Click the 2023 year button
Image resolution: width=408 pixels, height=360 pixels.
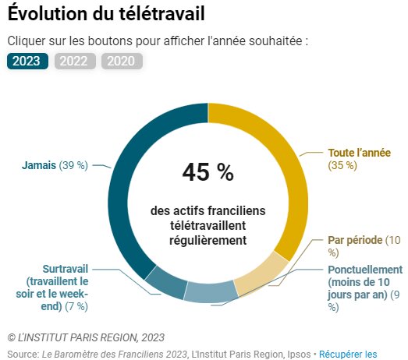pyautogui.click(x=28, y=61)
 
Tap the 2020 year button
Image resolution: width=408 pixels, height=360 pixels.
pyautogui.click(x=122, y=61)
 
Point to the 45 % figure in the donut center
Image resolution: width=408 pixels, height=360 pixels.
pyautogui.click(x=208, y=172)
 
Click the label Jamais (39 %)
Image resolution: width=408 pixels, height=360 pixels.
pyautogui.click(x=55, y=165)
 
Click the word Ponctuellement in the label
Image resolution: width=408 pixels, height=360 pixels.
pyautogui.click(x=365, y=270)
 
